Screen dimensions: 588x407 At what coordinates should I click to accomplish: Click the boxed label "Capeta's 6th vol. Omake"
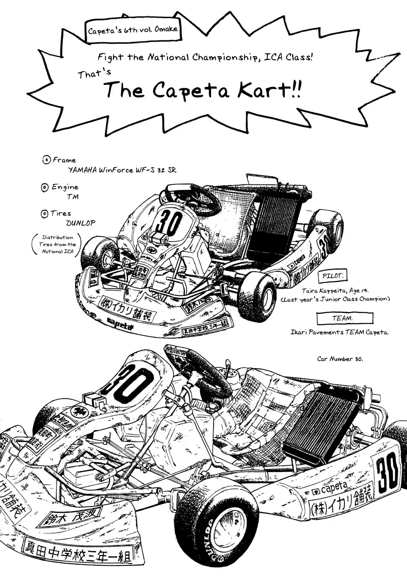click(133, 30)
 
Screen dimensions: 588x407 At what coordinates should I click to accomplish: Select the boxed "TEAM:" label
click(344, 318)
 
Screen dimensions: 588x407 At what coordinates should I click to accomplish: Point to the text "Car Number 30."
click(339, 359)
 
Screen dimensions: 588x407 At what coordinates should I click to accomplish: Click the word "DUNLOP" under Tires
click(81, 223)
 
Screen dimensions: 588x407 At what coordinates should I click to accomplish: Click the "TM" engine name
click(72, 197)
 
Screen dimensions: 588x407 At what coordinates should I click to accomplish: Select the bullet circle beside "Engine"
click(45, 187)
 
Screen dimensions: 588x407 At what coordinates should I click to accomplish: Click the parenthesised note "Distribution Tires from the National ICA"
click(57, 244)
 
